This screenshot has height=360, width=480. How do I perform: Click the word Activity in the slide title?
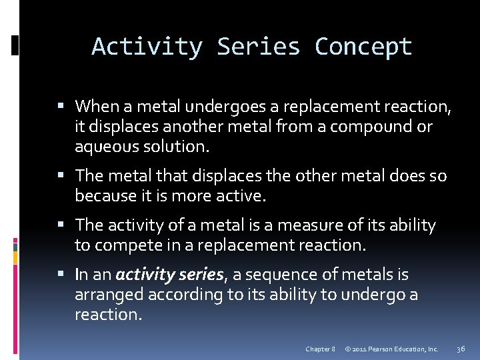click(x=147, y=47)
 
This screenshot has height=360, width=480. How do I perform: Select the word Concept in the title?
click(x=363, y=47)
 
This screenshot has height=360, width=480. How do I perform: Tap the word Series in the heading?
click(x=258, y=47)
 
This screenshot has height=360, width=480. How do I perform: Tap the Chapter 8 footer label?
click(x=320, y=349)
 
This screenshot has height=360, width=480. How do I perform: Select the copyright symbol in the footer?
click(x=347, y=349)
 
